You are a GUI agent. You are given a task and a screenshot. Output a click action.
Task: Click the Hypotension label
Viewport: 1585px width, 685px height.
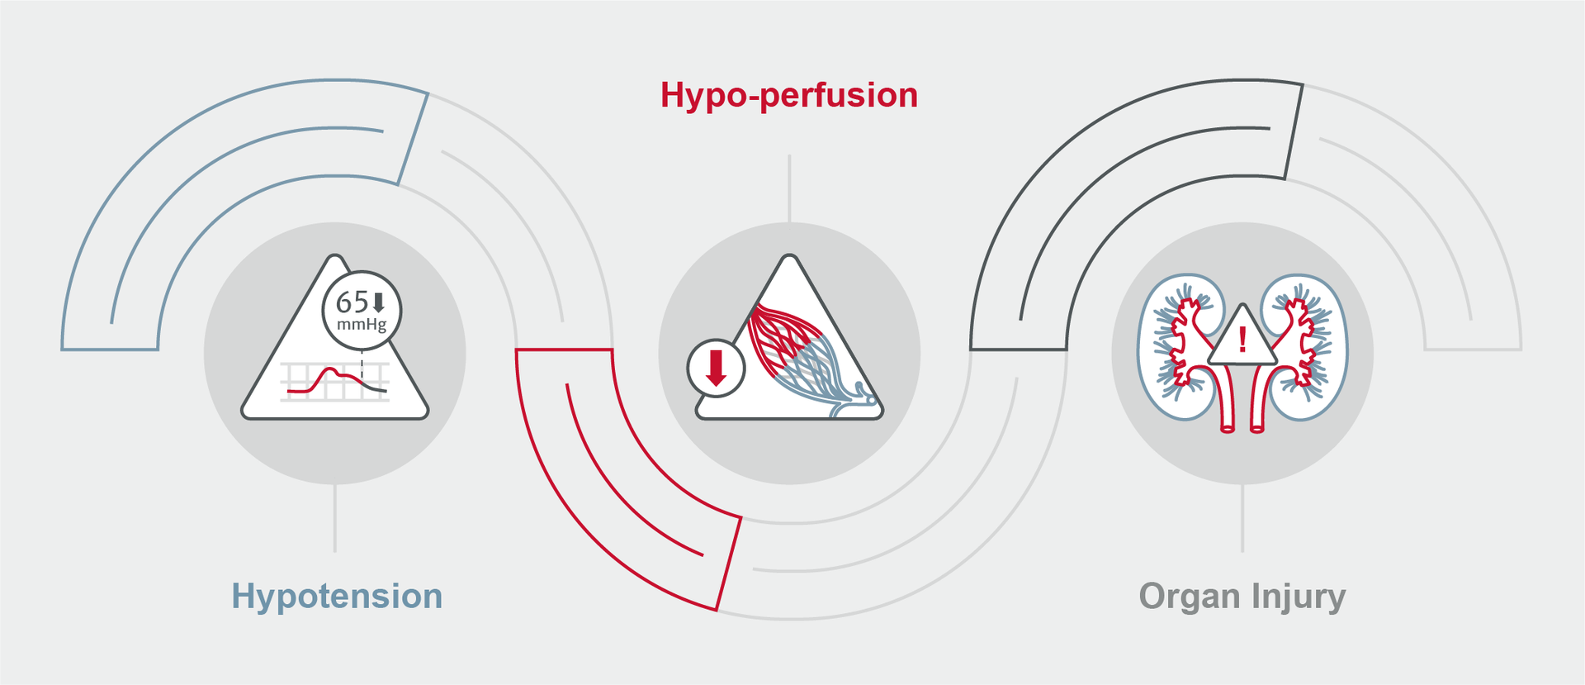pos(337,597)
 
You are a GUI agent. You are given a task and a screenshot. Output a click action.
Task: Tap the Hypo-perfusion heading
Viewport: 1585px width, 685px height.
pos(789,96)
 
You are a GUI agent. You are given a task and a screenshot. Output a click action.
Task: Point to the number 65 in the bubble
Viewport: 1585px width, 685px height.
pos(352,302)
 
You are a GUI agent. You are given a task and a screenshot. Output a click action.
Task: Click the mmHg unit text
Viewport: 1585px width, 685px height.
pos(362,325)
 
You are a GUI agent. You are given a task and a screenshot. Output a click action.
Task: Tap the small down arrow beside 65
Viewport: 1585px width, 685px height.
pos(379,302)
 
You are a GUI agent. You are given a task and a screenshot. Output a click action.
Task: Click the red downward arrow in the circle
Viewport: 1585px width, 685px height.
pos(717,369)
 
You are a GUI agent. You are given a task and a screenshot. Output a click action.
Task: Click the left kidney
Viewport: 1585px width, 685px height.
pos(1180,347)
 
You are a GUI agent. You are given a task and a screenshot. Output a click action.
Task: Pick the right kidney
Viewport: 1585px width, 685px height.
pos(1304,347)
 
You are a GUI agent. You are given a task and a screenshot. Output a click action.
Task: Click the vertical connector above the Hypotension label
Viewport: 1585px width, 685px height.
pos(334,518)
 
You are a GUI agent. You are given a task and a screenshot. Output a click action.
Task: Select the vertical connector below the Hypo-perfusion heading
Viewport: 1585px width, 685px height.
pos(789,188)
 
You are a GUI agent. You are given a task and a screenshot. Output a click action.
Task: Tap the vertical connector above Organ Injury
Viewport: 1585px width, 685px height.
pos(1242,518)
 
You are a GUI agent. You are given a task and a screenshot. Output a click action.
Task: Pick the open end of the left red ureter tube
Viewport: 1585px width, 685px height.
pos(1228,428)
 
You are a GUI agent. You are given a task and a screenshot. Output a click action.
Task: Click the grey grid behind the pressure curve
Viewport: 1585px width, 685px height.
pos(334,382)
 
